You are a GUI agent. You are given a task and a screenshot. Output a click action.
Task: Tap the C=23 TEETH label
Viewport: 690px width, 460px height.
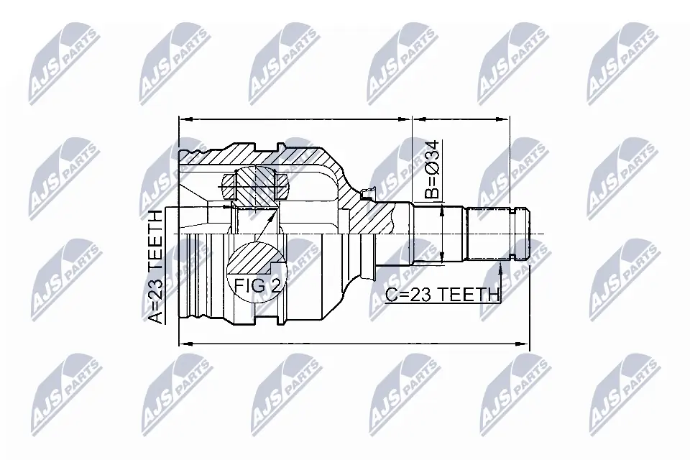click(x=442, y=294)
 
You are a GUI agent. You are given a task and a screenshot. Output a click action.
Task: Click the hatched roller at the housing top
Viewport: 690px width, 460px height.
click(x=256, y=184)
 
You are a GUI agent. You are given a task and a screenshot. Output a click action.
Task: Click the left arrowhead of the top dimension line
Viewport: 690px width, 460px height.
click(x=184, y=120)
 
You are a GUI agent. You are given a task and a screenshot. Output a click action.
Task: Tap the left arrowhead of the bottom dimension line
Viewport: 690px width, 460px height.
click(x=185, y=344)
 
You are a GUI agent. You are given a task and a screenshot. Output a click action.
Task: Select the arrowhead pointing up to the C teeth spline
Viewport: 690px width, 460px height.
click(x=500, y=267)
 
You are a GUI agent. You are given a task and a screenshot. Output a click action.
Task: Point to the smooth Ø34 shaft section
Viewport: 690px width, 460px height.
click(x=438, y=234)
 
